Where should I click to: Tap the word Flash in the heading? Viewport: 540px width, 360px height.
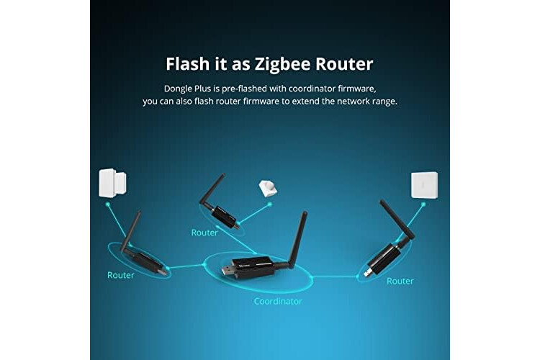[x=188, y=64]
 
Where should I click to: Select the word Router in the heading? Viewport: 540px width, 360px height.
[x=344, y=64]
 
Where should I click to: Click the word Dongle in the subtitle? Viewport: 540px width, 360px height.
[x=178, y=89]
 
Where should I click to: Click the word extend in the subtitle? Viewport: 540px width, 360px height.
[x=305, y=102]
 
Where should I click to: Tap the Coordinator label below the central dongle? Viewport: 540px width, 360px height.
[x=278, y=302]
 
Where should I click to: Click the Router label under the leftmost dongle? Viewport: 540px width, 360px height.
[x=120, y=275]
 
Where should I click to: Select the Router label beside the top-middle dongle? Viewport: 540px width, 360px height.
[x=204, y=233]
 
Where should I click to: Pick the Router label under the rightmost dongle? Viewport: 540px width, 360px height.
[x=400, y=281]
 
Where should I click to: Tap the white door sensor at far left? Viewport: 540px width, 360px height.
[x=112, y=183]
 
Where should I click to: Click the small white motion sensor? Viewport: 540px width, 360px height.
[x=268, y=188]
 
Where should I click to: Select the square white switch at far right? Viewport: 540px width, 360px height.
[x=425, y=185]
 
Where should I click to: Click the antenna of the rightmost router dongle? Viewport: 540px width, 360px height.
[x=397, y=220]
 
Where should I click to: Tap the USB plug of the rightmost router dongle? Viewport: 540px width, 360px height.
[x=369, y=272]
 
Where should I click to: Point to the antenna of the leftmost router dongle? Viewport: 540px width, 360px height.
[x=130, y=232]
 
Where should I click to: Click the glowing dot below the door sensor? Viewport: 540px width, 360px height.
[x=108, y=204]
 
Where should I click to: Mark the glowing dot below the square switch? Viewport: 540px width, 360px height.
[x=423, y=204]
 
